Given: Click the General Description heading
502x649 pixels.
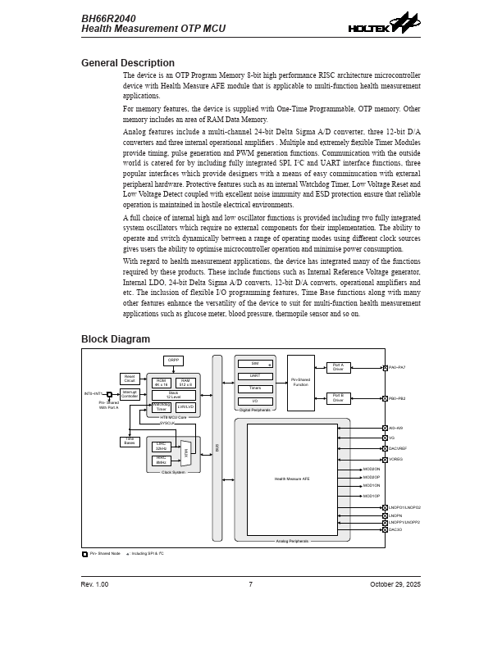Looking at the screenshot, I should point(127,63).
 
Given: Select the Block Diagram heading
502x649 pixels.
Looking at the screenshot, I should point(115,339).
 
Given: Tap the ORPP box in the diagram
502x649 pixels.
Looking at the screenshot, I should point(173,361).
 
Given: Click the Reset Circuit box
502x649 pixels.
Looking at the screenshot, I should point(130,379).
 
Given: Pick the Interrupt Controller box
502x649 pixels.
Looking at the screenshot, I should point(130,393).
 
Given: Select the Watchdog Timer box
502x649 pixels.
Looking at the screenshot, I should point(162,406).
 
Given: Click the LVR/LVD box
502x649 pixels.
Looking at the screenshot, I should point(186,406).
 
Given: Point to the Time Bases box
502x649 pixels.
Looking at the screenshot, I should point(130,442).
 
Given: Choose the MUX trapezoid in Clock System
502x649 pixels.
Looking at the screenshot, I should point(186,452).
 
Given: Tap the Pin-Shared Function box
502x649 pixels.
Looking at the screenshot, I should point(300,382).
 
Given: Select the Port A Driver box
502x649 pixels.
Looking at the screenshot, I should point(338,368).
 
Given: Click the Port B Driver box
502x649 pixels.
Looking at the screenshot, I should point(338,398).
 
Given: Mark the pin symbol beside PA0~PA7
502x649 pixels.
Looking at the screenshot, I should point(385,368).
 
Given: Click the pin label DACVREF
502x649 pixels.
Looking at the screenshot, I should point(398,448).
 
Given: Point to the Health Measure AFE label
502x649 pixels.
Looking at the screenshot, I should point(292,479).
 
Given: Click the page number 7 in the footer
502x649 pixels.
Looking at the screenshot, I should point(250,584).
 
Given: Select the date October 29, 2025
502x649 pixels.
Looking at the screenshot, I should point(395,584).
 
